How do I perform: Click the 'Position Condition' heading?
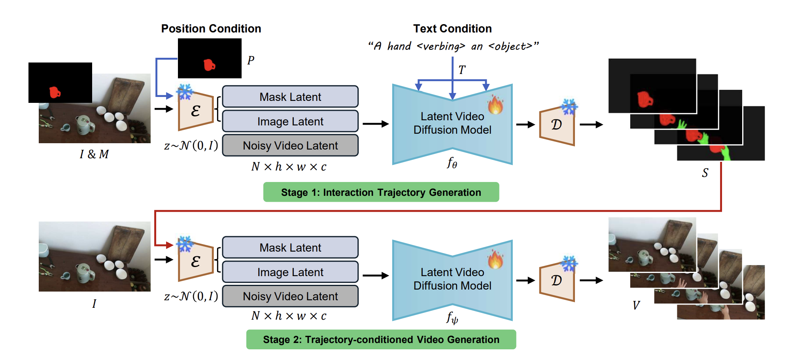click(211, 28)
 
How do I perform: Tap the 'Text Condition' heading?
click(452, 28)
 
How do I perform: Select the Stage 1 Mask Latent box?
click(290, 97)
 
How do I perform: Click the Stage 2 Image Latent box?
click(290, 272)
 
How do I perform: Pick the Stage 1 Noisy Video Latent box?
click(290, 146)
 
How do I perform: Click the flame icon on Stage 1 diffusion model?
click(495, 105)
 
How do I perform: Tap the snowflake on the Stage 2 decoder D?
click(569, 263)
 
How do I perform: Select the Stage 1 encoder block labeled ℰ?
click(196, 111)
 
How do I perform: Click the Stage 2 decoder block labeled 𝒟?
click(557, 280)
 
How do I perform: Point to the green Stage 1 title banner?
click(381, 192)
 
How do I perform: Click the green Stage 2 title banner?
click(381, 339)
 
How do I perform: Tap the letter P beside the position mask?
click(251, 61)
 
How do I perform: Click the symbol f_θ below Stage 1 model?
click(452, 163)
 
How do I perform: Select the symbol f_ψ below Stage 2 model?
click(452, 318)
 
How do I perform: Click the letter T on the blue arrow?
click(462, 70)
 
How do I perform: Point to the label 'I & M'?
click(94, 154)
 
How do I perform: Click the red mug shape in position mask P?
click(209, 65)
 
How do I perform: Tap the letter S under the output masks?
click(705, 173)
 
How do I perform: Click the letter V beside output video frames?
click(636, 305)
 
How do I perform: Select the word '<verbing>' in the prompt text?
click(440, 47)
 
